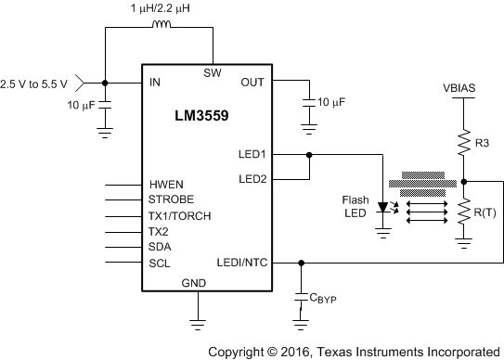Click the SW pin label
click(213, 72)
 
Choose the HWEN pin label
click(168, 185)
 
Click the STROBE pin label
click(172, 200)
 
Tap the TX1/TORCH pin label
click(180, 216)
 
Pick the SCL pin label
click(161, 264)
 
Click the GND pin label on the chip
click(194, 283)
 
